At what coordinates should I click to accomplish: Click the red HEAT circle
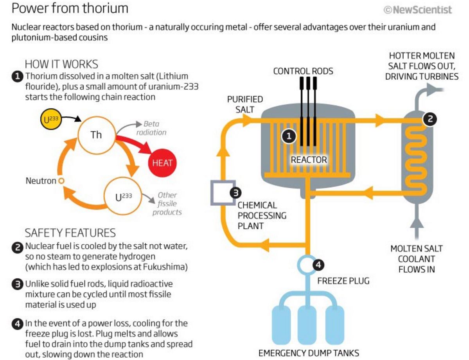(x=162, y=163)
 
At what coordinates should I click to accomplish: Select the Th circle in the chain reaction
(x=96, y=135)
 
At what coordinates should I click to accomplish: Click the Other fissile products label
(x=167, y=203)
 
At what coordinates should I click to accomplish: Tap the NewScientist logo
(x=418, y=10)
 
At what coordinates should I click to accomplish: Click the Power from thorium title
(x=70, y=8)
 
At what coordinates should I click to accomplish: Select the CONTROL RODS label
(x=303, y=71)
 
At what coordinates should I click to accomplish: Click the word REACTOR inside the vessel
(x=309, y=159)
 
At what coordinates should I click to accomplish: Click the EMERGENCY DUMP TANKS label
(x=309, y=353)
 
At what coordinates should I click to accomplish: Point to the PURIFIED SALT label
(x=245, y=104)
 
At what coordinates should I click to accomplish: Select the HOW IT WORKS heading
(x=61, y=64)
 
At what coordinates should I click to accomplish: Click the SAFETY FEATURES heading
(x=70, y=233)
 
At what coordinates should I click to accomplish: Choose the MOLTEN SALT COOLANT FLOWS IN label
(x=417, y=259)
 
